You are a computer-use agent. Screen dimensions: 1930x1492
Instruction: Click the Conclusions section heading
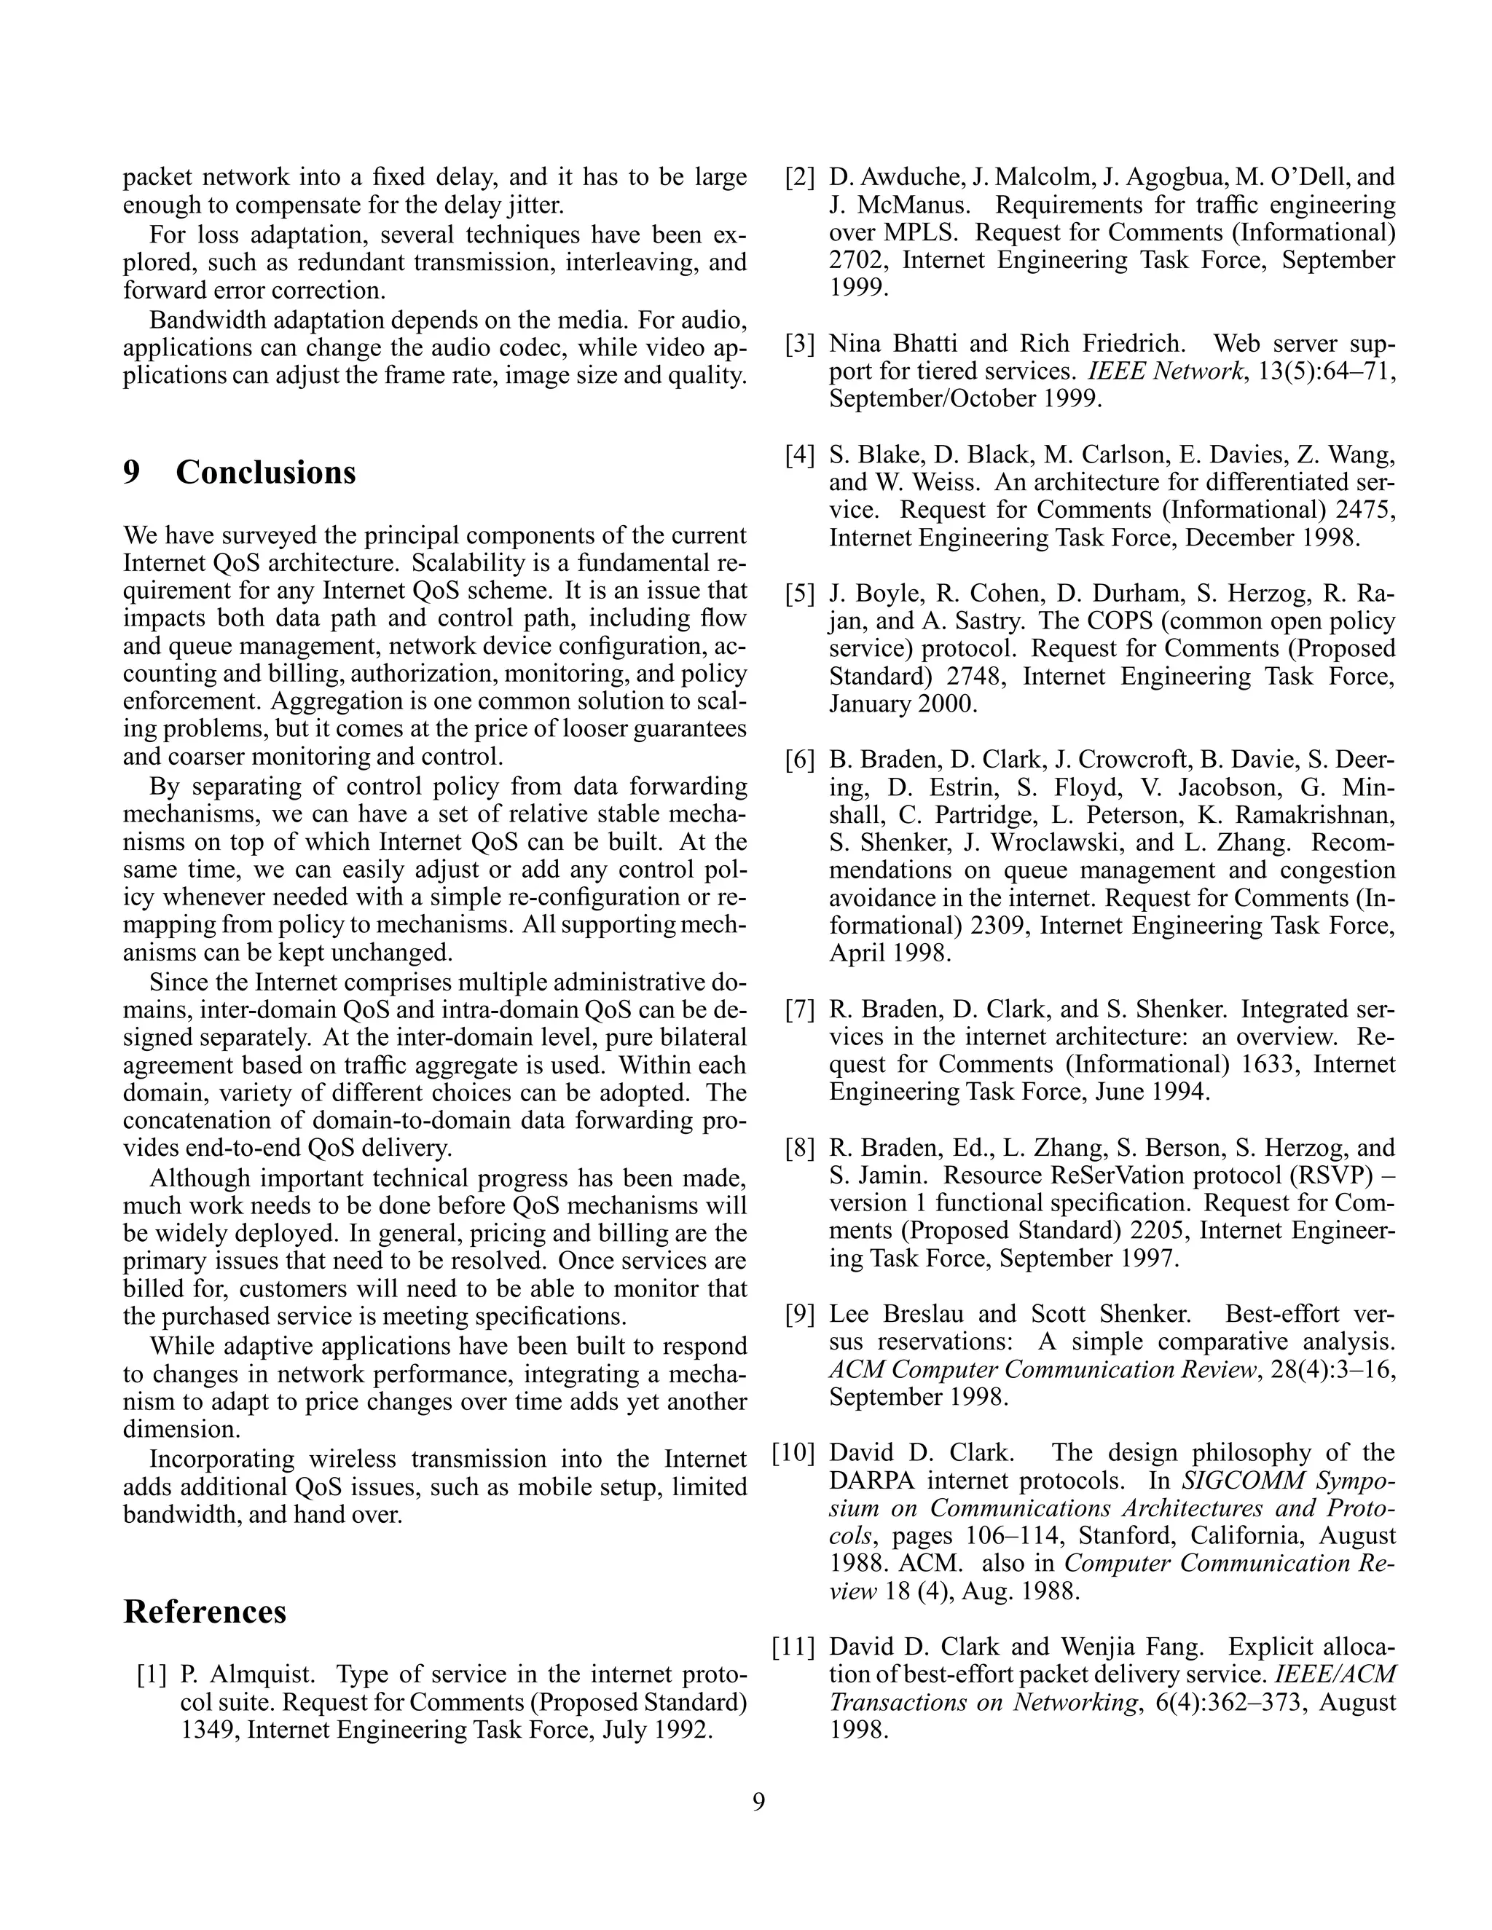pyautogui.click(x=265, y=472)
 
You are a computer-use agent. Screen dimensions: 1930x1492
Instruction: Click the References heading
pyautogui.click(x=204, y=1611)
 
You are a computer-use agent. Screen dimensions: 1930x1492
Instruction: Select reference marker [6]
pyautogui.click(x=799, y=760)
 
